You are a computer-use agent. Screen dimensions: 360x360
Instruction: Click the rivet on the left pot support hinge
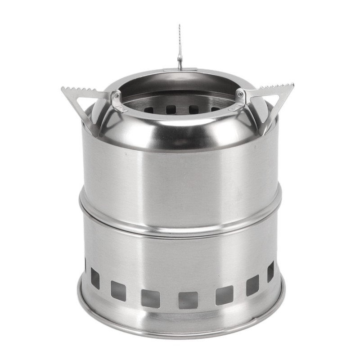pos(115,95)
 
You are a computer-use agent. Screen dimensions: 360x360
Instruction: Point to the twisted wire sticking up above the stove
pos(180,45)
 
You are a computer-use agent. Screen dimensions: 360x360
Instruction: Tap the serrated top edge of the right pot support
pos(277,88)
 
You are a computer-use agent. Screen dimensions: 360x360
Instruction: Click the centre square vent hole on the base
pos(188,300)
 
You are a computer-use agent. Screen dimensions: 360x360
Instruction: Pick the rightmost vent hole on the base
pos(270,271)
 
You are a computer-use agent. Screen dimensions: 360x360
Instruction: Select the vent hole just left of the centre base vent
pos(150,298)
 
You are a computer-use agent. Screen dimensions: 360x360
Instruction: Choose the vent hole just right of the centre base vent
pos(224,295)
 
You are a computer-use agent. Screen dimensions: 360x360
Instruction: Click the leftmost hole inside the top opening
pos(148,109)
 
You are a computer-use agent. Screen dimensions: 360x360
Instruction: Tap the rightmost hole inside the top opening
pos(215,109)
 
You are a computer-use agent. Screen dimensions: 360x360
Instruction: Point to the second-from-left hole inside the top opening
pos(171,109)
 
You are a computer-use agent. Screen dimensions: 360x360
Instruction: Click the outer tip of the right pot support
pos(293,84)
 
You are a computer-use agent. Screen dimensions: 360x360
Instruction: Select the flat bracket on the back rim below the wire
pos(180,70)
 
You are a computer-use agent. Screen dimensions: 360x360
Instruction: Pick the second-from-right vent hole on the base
pos(252,285)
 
